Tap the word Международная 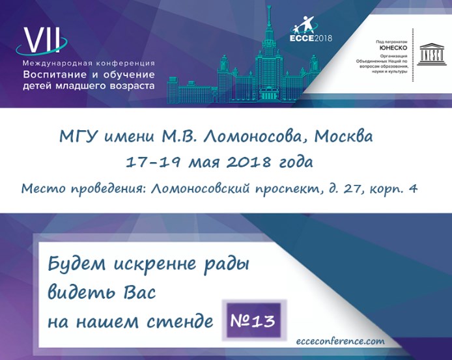56,63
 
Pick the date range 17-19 150,162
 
